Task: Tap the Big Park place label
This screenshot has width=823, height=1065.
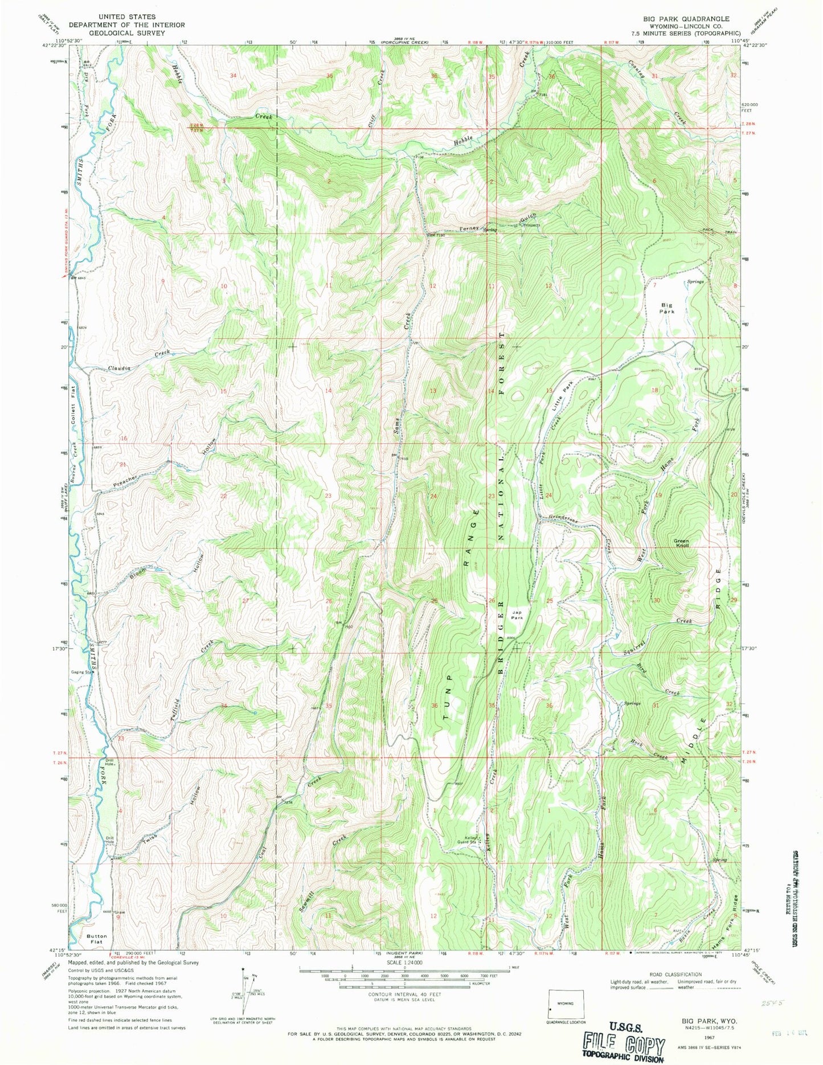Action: pyautogui.click(x=666, y=308)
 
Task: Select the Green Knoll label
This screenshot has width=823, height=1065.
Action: pyautogui.click(x=681, y=543)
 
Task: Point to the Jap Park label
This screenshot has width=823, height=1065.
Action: pyautogui.click(x=517, y=615)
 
